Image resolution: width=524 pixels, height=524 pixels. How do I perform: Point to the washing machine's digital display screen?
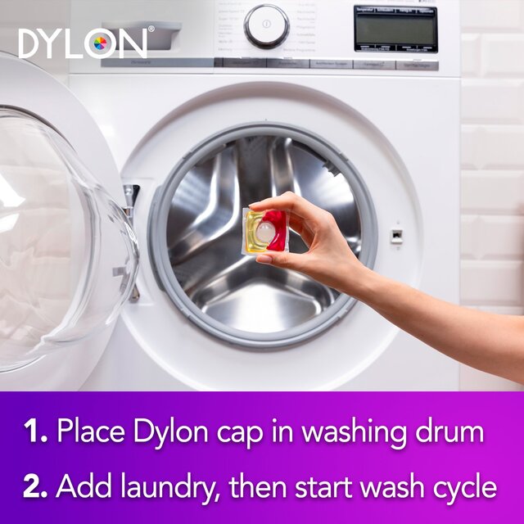coord(395,29)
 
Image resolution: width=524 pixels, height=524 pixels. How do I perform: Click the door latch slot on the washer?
coord(397,236)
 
